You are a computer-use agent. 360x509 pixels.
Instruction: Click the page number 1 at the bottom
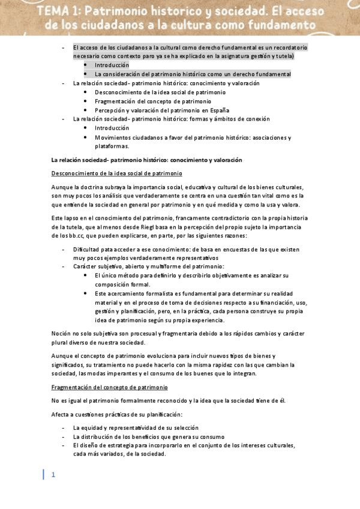click(53, 475)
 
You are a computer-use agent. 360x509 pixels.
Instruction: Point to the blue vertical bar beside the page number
click(43, 475)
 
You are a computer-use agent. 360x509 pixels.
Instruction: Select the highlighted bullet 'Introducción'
click(112, 65)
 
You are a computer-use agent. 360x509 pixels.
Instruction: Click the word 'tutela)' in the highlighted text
click(283, 56)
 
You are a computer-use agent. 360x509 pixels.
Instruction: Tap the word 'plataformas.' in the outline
click(112, 146)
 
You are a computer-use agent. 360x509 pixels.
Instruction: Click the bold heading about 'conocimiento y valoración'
click(146, 160)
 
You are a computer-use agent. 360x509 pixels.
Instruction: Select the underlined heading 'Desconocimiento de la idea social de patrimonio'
click(116, 173)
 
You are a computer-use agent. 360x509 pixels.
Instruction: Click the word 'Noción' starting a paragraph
click(62, 334)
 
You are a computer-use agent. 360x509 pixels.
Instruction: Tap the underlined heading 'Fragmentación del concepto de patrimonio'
click(109, 388)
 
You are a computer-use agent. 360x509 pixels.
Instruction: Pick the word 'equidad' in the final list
click(93, 427)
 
